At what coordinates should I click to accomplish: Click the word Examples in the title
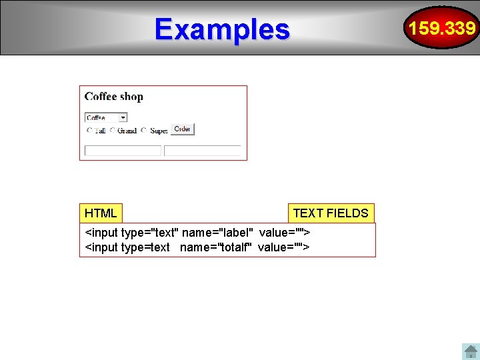(222, 29)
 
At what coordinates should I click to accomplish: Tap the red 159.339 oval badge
(442, 28)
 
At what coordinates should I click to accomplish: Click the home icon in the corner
(470, 351)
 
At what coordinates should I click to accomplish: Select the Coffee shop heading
(113, 97)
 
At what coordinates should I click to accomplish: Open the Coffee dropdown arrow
(123, 117)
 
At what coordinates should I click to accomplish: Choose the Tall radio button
(89, 131)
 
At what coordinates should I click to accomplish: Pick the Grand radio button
(113, 131)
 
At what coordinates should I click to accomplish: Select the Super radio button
(145, 131)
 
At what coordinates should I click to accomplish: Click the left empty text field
(123, 151)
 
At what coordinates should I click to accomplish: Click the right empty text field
(203, 151)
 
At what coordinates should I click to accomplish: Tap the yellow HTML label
(101, 213)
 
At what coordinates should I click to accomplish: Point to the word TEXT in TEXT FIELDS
(308, 213)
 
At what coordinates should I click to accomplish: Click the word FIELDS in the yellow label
(347, 213)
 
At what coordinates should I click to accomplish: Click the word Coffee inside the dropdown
(96, 118)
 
